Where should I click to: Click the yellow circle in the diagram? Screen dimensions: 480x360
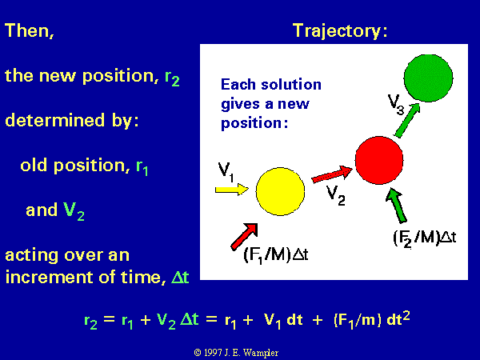(280, 191)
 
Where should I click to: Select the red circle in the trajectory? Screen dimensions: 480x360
(379, 160)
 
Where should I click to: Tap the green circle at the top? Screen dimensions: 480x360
(428, 78)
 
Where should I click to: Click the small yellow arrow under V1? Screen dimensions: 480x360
(232, 189)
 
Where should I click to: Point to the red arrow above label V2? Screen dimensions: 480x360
(332, 174)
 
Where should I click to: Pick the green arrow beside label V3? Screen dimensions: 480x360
(407, 120)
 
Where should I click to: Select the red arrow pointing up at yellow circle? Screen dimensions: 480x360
(244, 236)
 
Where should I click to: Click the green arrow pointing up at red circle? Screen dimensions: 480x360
(397, 206)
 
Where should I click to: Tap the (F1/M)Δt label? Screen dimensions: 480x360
(276, 255)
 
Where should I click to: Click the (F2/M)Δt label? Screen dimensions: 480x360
(425, 238)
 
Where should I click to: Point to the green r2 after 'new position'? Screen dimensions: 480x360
(172, 78)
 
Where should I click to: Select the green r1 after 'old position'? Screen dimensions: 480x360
(142, 167)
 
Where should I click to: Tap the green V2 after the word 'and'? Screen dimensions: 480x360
(74, 211)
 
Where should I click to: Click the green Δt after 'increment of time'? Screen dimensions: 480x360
(180, 277)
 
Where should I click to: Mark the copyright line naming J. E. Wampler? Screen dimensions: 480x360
(236, 353)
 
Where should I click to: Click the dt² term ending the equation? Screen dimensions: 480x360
(398, 318)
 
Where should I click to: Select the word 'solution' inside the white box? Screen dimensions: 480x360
(291, 85)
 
